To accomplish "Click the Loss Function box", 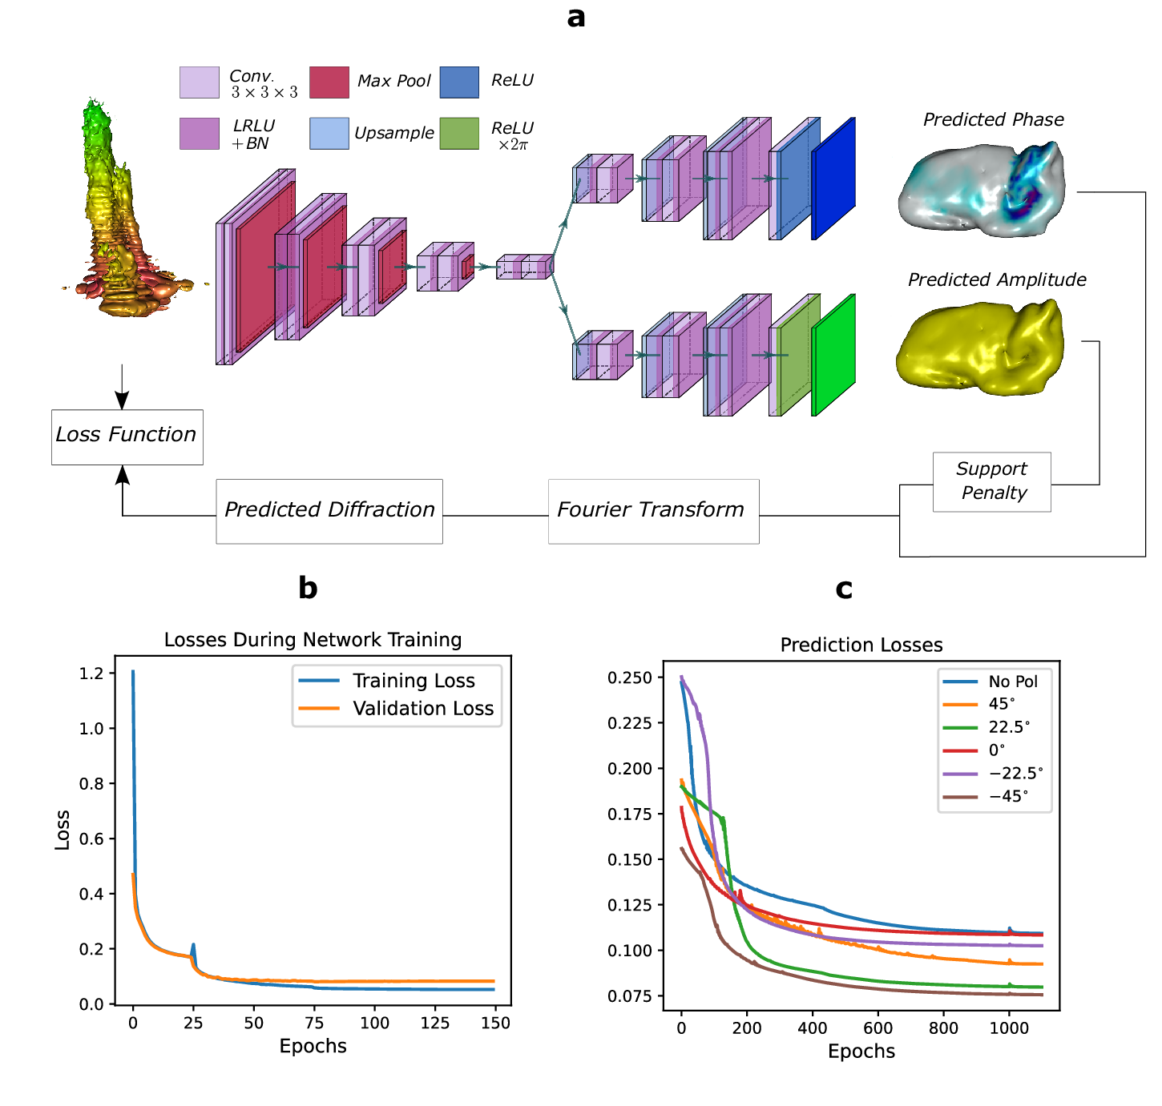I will [127, 436].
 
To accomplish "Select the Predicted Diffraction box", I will [329, 511].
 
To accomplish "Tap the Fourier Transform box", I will [653, 511].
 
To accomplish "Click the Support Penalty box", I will [991, 481].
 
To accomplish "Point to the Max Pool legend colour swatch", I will [329, 82].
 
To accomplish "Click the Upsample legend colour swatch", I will [329, 134].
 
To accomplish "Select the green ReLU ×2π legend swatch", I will [459, 134].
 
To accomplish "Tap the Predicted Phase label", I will [993, 120].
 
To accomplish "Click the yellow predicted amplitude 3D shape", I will [979, 349].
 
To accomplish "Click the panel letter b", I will [308, 589].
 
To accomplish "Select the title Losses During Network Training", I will [313, 640].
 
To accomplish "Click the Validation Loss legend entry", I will [422, 709].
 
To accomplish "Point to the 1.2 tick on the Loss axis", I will [91, 674].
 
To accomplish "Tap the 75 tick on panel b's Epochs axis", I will [314, 1024].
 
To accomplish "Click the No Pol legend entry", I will [1012, 682].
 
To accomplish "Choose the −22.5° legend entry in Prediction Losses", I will [1015, 774].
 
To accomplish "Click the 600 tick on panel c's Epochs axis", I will [878, 1028].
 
